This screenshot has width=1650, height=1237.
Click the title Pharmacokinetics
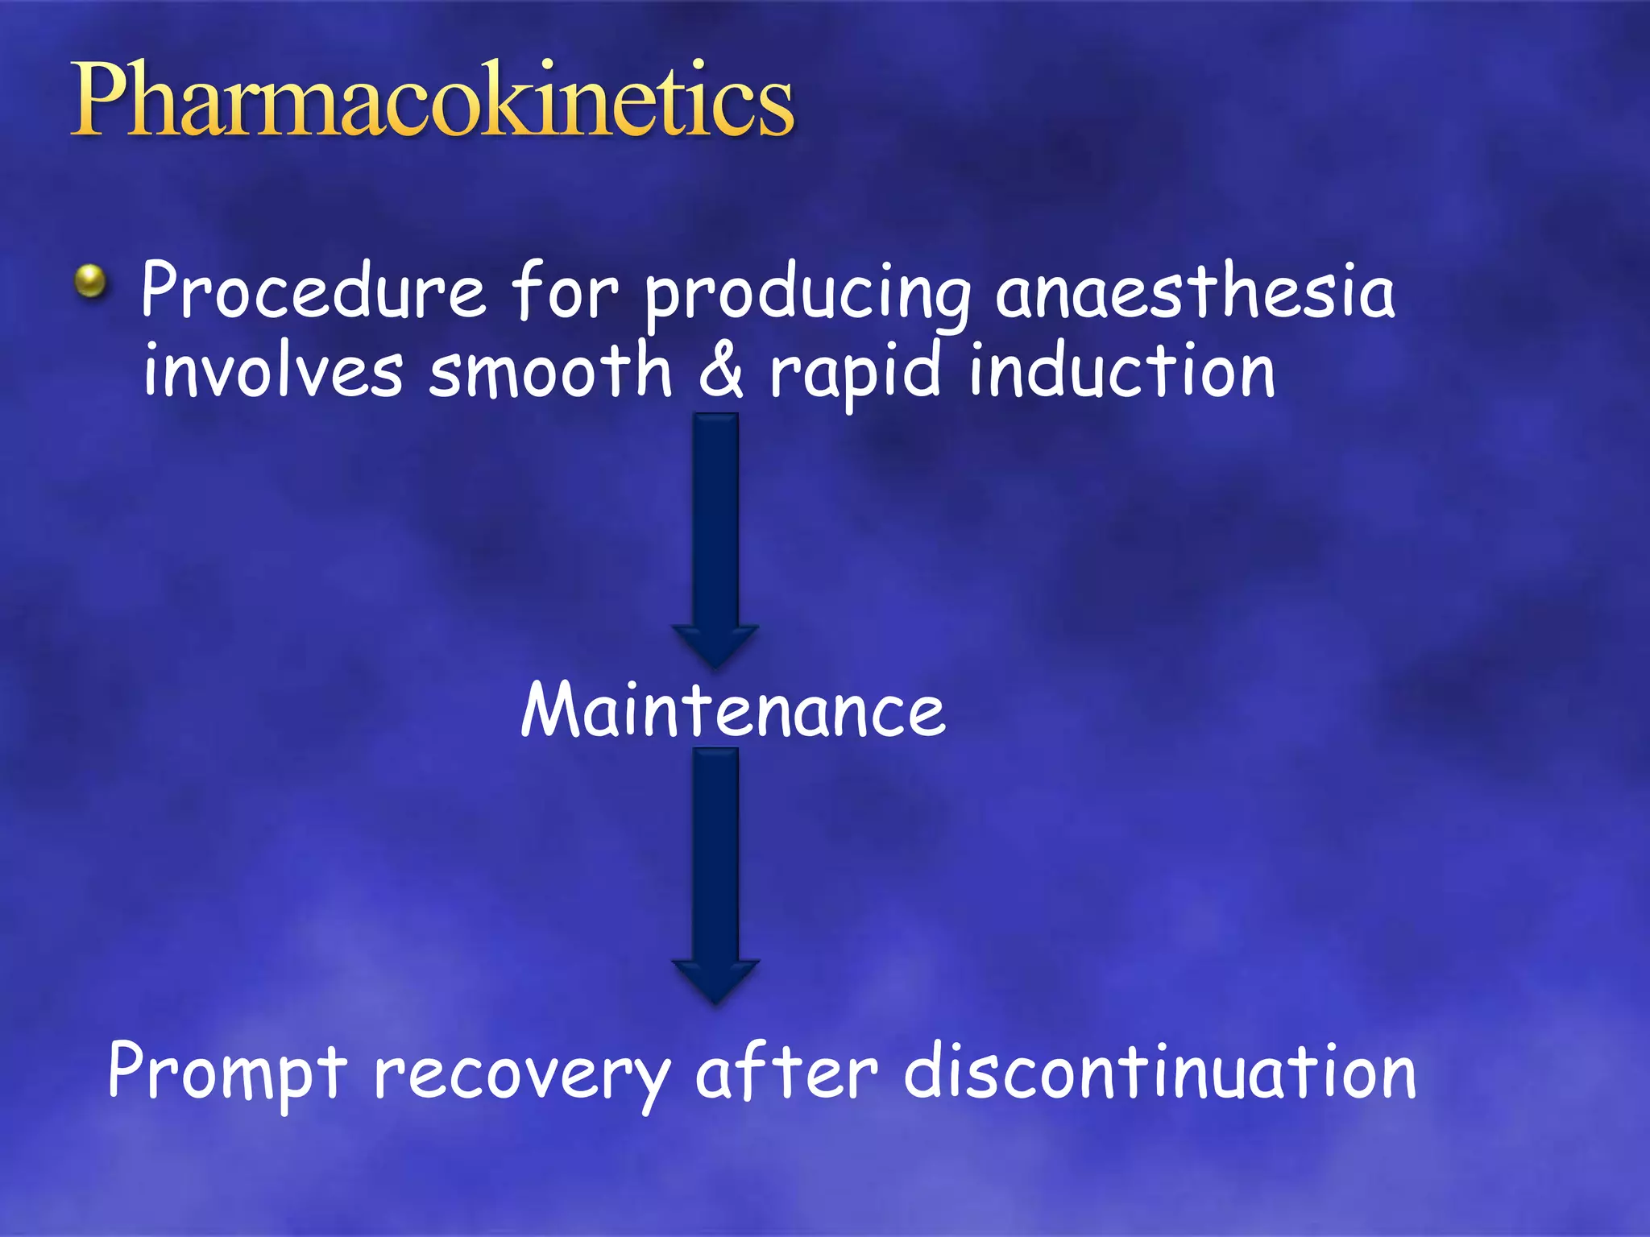tap(433, 101)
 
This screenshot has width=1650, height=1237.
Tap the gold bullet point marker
tap(91, 282)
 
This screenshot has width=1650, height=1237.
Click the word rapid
tap(856, 374)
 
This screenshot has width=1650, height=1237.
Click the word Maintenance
tap(732, 710)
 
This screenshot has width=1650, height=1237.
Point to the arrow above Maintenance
tap(715, 532)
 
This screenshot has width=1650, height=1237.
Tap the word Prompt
tap(227, 1074)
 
